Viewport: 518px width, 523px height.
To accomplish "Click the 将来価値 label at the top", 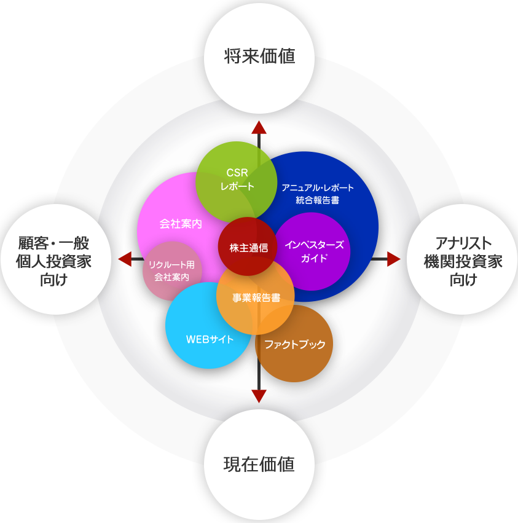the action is pos(259,56).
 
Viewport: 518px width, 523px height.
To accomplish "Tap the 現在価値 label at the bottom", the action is pos(259,464).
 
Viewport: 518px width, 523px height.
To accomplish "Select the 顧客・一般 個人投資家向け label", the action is pos(53,261).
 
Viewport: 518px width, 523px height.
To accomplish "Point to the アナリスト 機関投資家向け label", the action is pos(463,261).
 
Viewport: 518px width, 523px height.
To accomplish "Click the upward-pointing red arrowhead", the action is pos(259,127).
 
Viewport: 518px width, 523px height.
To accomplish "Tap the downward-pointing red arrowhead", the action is pos(259,396).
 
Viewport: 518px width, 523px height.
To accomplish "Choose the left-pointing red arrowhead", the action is pos(125,259).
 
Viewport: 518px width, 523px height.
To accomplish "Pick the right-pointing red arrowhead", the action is pos(394,259).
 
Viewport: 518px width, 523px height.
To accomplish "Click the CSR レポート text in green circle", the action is pos(237,179).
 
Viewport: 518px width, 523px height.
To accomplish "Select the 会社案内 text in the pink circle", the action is pos(181,224).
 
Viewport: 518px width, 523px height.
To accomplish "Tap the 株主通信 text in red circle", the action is pos(248,248).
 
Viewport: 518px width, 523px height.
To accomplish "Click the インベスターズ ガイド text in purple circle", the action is pos(314,251).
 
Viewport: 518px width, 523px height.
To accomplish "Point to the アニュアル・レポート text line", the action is pos(318,188).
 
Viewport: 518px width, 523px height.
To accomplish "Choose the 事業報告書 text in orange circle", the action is pos(256,297).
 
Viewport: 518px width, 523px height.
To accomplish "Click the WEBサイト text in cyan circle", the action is pos(210,339).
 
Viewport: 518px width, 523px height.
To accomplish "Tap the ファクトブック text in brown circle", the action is pos(295,344).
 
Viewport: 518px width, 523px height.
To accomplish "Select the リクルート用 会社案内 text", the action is pos(171,271).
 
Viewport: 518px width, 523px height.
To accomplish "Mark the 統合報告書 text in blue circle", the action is pos(317,200).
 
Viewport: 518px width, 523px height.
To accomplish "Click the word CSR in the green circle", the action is pos(237,173).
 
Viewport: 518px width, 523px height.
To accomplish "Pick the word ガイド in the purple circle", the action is pos(314,258).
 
